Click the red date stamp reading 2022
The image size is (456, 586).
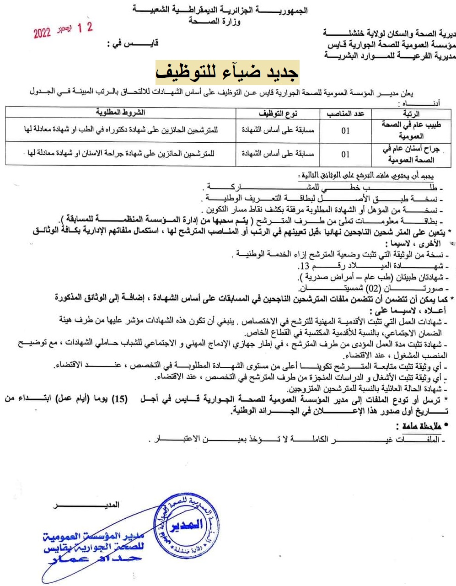[63, 30]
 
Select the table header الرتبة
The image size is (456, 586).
[411, 113]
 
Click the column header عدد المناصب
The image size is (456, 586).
[345, 113]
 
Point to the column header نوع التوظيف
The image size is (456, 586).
[278, 113]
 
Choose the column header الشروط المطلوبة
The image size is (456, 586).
[120, 113]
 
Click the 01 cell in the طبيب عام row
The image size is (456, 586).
[345, 130]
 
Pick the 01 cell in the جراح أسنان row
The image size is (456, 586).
[345, 154]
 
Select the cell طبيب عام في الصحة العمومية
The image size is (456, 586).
[411, 130]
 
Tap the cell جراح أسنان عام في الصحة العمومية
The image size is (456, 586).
[410, 154]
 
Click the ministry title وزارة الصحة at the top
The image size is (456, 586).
[215, 22]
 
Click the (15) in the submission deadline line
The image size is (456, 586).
[119, 399]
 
